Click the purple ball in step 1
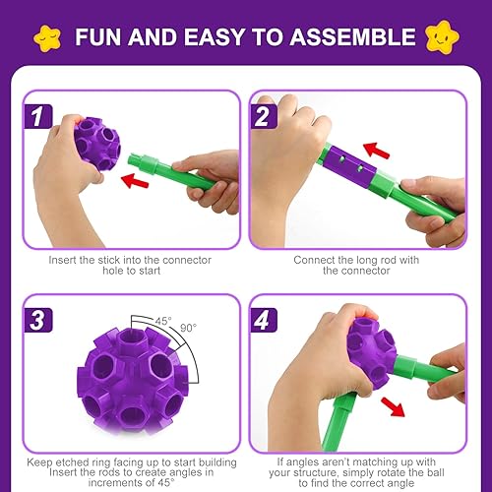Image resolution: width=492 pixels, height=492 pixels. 94,144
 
